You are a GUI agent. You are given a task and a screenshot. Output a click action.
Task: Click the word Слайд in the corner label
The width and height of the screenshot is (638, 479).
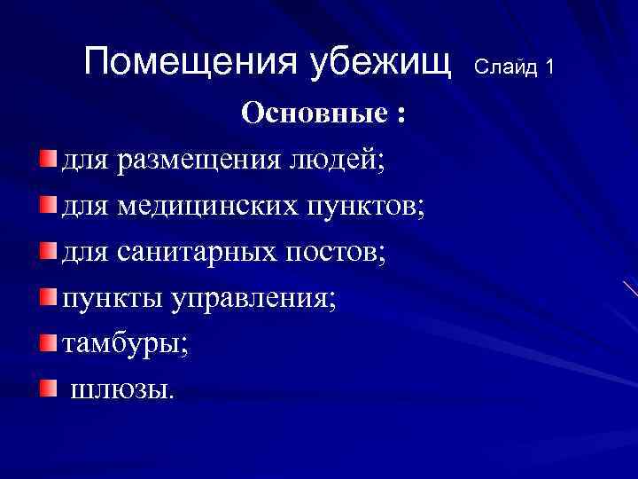506,67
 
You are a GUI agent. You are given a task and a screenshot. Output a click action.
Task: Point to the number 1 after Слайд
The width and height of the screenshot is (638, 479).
549,67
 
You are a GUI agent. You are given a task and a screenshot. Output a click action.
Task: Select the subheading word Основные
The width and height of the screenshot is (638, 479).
315,113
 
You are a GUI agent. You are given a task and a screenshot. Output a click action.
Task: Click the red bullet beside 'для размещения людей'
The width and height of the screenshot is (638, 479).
48,159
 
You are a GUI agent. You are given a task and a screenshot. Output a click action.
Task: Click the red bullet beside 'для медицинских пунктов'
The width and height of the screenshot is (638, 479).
48,205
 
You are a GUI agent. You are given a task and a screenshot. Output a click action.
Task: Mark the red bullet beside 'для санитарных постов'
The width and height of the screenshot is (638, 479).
48,251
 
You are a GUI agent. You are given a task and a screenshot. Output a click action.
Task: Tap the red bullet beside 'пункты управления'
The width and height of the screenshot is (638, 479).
48,295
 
